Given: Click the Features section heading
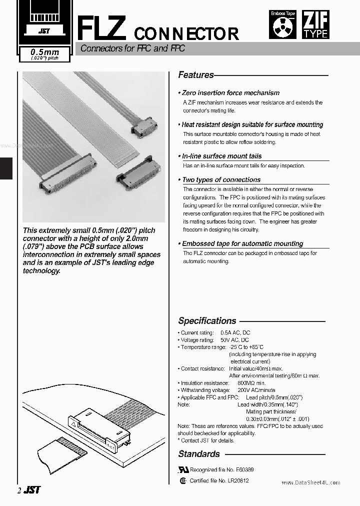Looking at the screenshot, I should pos(196,75).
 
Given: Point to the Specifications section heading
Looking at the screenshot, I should pos(207,321).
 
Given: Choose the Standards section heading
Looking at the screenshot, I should pos(199,454).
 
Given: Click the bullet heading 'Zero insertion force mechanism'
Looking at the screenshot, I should pos(230,93).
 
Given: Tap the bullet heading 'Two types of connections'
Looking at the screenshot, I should pos(221,179).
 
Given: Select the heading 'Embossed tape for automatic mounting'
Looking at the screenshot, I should pos(242,243).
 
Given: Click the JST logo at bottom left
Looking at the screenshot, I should pos(32,490).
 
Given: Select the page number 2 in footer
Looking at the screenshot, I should pos(19,491).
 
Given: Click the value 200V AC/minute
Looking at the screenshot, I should pos(256,390).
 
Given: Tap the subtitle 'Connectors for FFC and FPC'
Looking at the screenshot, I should pos(132,49).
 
